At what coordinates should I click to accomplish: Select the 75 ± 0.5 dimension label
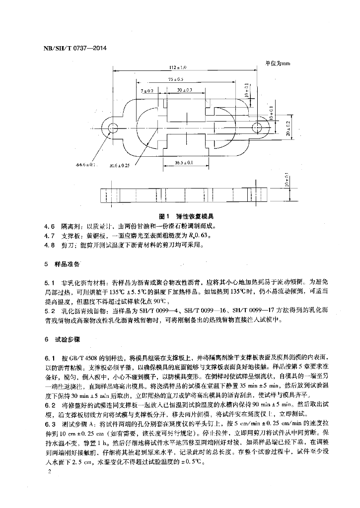click(x=176, y=79)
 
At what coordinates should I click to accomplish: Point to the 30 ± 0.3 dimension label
click(x=184, y=91)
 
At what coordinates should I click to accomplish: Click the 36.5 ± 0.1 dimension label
click(x=184, y=162)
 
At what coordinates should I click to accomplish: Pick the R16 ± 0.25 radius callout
click(x=119, y=166)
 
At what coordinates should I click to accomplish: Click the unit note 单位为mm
click(x=277, y=63)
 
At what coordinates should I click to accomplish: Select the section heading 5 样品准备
click(x=63, y=261)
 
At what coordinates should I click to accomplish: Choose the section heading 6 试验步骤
click(x=63, y=340)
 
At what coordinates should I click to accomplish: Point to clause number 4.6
click(x=51, y=226)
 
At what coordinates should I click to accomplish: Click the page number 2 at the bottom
click(x=47, y=473)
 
